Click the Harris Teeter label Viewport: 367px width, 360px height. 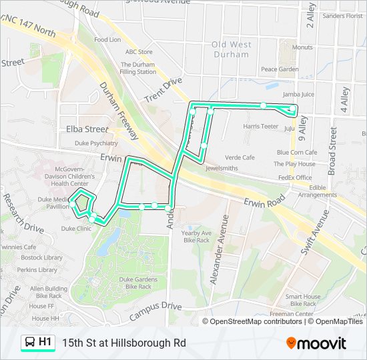point(260,126)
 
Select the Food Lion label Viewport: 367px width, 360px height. point(107,40)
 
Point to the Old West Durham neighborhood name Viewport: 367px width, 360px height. point(230,49)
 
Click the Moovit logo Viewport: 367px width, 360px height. point(316,343)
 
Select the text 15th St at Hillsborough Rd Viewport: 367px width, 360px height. point(124,343)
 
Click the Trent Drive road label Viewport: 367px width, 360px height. point(162,90)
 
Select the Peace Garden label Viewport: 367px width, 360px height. point(280,69)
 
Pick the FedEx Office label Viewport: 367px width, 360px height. point(294,178)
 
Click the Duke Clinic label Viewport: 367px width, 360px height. point(76,228)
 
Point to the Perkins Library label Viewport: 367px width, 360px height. point(38,270)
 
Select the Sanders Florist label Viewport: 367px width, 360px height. point(342,16)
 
